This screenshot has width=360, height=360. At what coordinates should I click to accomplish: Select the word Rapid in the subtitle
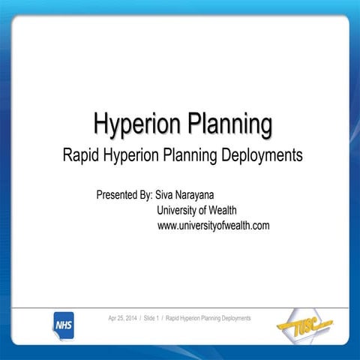pos(80,156)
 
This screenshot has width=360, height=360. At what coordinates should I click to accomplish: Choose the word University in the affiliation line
pos(180,211)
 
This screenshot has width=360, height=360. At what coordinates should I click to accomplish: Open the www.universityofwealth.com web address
pos(213,226)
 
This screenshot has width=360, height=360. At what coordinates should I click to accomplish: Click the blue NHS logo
pos(63,324)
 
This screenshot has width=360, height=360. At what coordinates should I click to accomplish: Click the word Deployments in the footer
pos(232,319)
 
